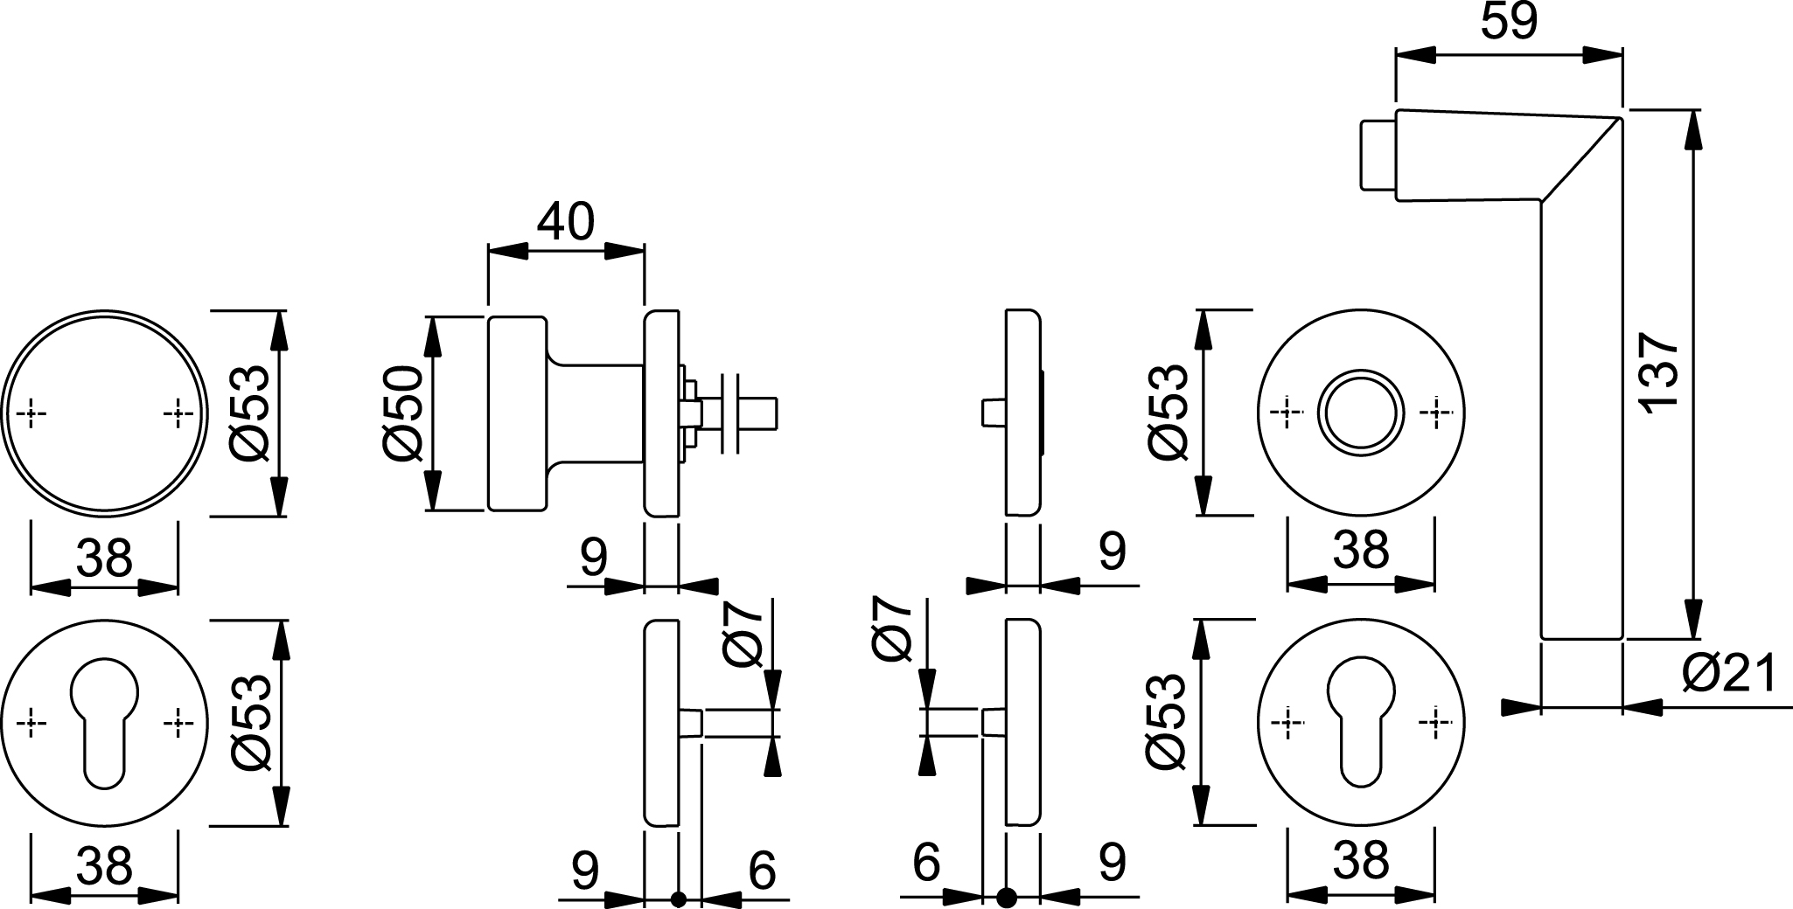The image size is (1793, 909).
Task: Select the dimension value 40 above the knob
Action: tap(565, 223)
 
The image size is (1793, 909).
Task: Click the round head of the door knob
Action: tap(518, 413)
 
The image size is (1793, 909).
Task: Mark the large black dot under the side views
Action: tap(1008, 897)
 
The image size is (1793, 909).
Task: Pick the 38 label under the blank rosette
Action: tap(104, 559)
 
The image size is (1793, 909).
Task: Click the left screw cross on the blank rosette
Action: tap(31, 413)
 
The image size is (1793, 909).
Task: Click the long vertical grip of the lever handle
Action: tap(1581, 437)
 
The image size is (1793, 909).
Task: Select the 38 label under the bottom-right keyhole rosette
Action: tap(1362, 861)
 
